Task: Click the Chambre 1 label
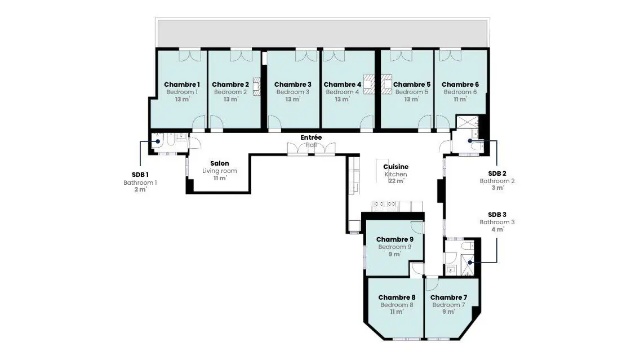pyautogui.click(x=181, y=85)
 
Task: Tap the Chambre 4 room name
pyautogui.click(x=343, y=85)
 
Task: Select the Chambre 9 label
pyautogui.click(x=395, y=239)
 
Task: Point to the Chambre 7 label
pyautogui.click(x=448, y=297)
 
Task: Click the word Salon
pyautogui.click(x=220, y=163)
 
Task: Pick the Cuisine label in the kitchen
pyautogui.click(x=396, y=167)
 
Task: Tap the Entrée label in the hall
pyautogui.click(x=311, y=137)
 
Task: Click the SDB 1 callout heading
pyautogui.click(x=140, y=175)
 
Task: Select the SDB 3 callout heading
pyautogui.click(x=497, y=215)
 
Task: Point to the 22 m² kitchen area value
pyautogui.click(x=396, y=181)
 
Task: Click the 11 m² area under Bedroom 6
pyautogui.click(x=460, y=99)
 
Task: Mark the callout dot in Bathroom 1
pyautogui.click(x=158, y=141)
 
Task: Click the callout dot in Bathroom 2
pyautogui.click(x=470, y=141)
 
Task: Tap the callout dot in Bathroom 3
pyautogui.click(x=470, y=263)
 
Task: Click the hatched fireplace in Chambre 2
pyautogui.click(x=257, y=86)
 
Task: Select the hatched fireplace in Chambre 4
pyautogui.click(x=369, y=84)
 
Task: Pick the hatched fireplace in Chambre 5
pyautogui.click(x=386, y=84)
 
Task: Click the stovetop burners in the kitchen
pyautogui.click(x=384, y=204)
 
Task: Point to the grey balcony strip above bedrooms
pyautogui.click(x=322, y=33)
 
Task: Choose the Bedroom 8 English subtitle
pyautogui.click(x=397, y=305)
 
